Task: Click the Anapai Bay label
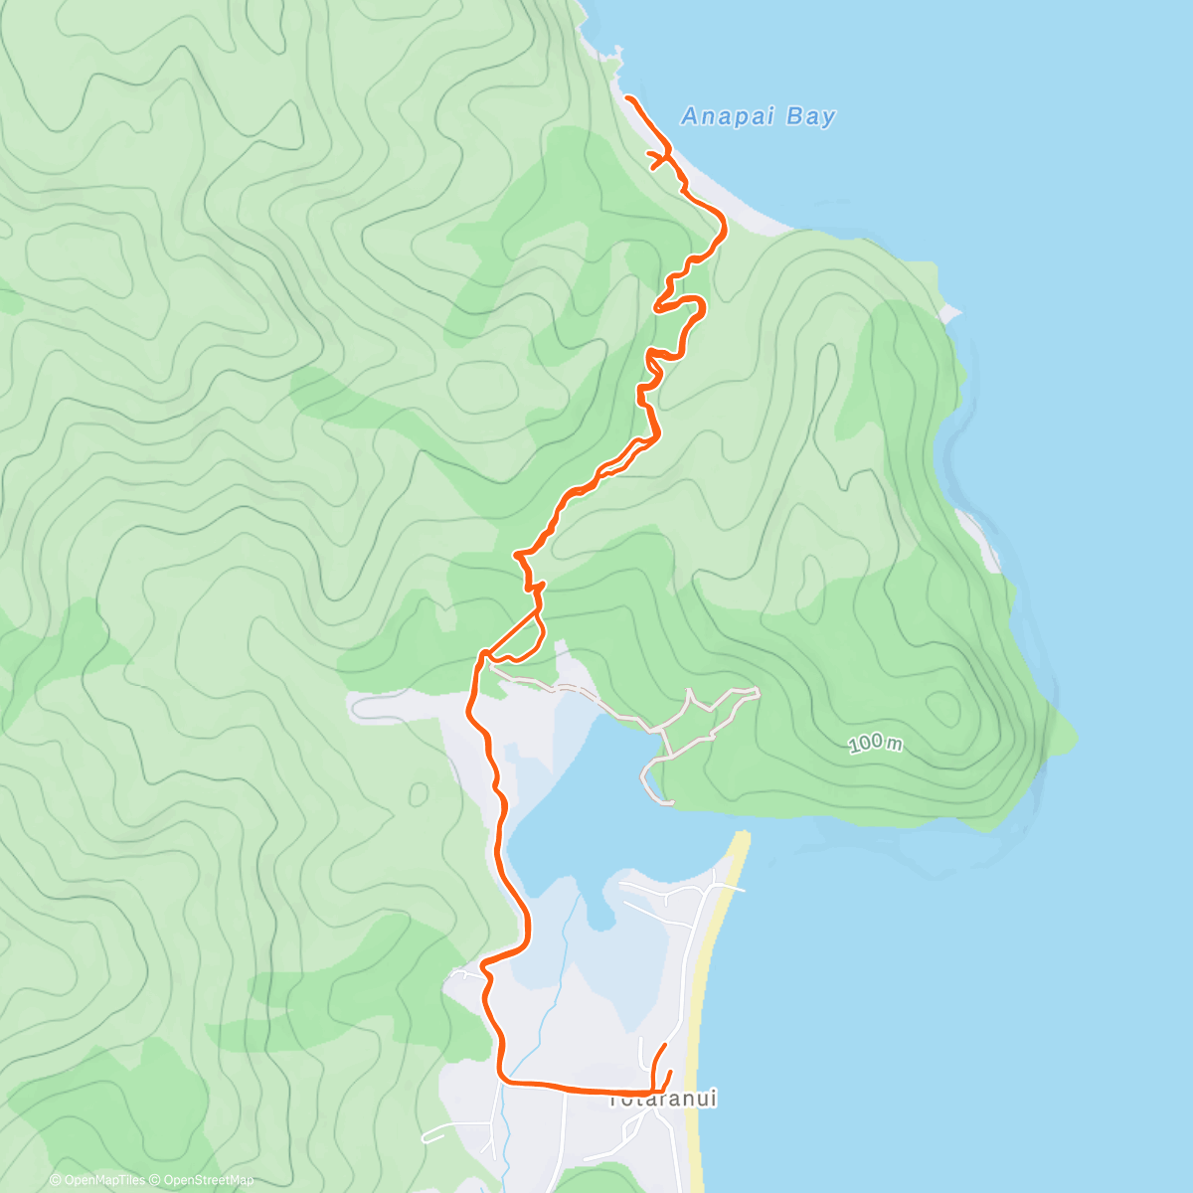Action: point(758,116)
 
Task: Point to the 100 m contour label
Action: point(876,744)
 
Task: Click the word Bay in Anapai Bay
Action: point(810,116)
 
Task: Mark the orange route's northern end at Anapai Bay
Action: point(627,96)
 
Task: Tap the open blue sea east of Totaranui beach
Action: point(944,994)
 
